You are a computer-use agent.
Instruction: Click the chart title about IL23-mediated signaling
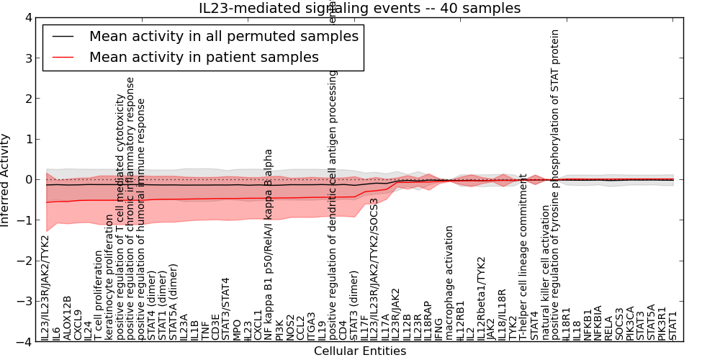360,8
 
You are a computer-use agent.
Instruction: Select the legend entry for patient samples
204,57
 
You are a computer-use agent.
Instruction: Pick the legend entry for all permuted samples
223,36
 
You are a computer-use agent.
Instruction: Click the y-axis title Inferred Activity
6,180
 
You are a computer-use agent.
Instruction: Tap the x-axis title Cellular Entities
360,351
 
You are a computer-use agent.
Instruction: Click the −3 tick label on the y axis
24,302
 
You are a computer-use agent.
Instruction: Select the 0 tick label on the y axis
28,180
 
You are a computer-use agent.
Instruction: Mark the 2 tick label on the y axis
28,99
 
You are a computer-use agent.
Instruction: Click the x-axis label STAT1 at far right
673,325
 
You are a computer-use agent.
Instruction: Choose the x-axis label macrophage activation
449,282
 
